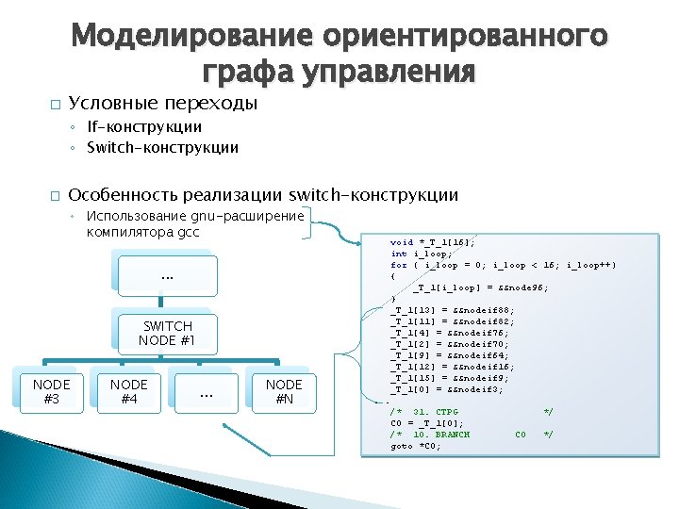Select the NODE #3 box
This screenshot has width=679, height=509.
(51, 391)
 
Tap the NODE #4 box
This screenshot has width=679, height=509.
(128, 391)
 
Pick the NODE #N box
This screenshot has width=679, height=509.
(284, 391)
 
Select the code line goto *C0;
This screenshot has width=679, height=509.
(416, 446)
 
